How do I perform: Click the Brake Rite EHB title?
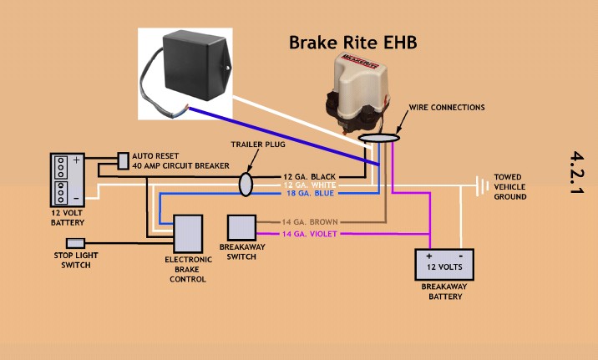tap(352, 43)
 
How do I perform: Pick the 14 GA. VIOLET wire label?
tap(309, 235)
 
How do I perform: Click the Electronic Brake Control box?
tap(188, 232)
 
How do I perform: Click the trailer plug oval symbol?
tap(246, 184)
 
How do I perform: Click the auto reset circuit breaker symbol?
tap(124, 159)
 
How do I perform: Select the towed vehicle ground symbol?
tap(480, 185)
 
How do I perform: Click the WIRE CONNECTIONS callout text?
tap(446, 108)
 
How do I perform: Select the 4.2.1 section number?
tap(577, 173)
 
